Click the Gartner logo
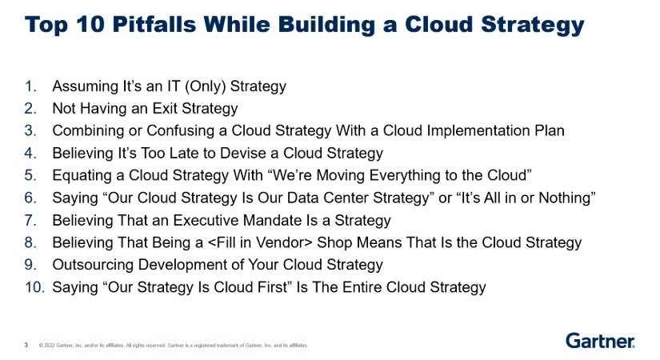(x=600, y=341)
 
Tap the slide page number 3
(x=26, y=345)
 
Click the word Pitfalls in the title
(x=154, y=24)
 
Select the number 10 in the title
(x=90, y=24)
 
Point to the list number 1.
(x=30, y=86)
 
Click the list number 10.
(x=34, y=287)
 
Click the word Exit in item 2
(x=165, y=108)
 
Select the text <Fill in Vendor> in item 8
(x=260, y=243)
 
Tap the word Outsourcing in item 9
(x=93, y=266)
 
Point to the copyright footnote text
(x=174, y=346)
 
